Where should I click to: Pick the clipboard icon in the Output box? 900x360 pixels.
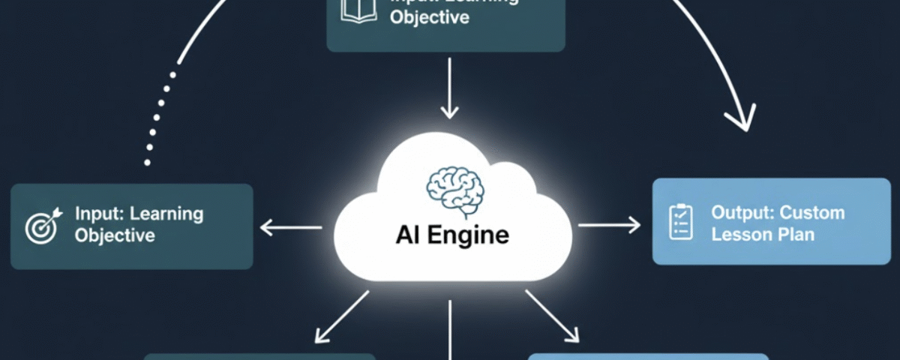[x=680, y=223]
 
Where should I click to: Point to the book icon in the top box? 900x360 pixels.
[x=358, y=9]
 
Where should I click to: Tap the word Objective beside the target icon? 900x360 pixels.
[x=115, y=235]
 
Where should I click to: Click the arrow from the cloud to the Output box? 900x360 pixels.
[x=609, y=224]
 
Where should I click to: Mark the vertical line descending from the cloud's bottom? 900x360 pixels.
[x=450, y=330]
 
